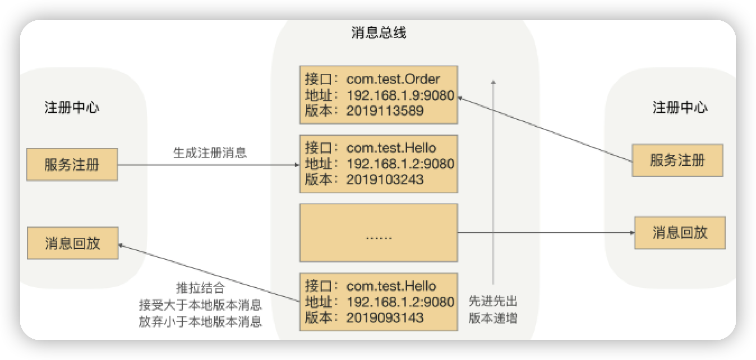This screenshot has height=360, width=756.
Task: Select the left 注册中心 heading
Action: [x=72, y=108]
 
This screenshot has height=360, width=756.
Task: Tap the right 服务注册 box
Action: [x=677, y=161]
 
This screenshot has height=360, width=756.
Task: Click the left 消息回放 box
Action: [x=72, y=243]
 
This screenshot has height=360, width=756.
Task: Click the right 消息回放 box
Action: [x=680, y=232]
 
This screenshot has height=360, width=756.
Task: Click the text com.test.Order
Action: [x=393, y=79]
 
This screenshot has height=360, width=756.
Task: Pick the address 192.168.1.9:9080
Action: [x=400, y=95]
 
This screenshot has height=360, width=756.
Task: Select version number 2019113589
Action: [x=385, y=110]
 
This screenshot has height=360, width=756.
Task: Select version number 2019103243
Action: [x=385, y=179]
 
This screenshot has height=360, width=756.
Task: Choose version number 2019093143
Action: [x=385, y=318]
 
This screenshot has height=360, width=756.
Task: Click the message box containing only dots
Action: [x=379, y=233]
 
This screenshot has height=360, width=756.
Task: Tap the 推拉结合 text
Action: [x=200, y=289]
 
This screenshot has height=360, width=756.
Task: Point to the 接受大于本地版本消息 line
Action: [x=200, y=306]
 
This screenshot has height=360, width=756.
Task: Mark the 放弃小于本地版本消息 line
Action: [x=200, y=322]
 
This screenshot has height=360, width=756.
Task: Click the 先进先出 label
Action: [x=493, y=302]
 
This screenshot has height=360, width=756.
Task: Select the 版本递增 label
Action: [x=493, y=319]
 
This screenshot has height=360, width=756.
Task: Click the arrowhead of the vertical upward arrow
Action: [x=494, y=82]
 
